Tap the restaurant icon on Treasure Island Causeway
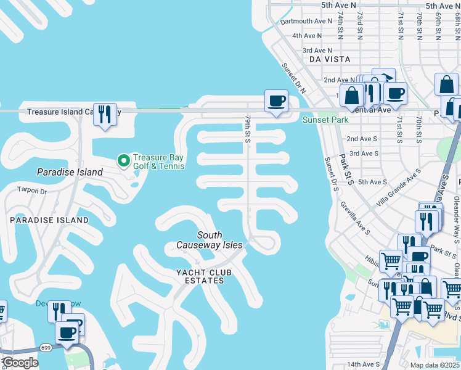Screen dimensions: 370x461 (x=105, y=114)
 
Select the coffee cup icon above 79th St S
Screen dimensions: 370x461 (x=276, y=100)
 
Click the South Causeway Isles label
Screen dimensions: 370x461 (x=210, y=240)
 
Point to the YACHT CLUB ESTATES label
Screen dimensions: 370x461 (x=200, y=276)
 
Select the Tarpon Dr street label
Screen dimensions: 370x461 (x=32, y=191)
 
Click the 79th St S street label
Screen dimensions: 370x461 (x=247, y=129)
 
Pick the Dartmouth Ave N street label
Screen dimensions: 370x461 (x=306, y=21)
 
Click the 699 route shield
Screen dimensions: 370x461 (x=46, y=347)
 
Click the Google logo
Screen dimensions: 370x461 (x=20, y=363)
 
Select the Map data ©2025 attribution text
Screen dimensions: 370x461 (x=434, y=365)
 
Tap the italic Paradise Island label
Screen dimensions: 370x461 (x=70, y=172)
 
